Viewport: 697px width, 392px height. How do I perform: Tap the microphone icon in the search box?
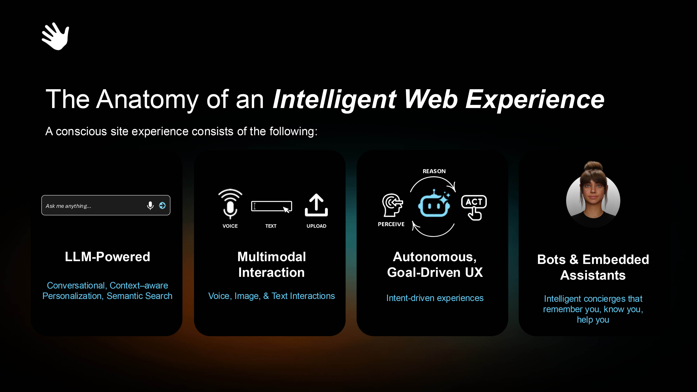pos(150,206)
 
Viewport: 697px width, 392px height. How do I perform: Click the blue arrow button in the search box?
pos(162,206)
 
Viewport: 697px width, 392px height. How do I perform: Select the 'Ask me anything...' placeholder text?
pos(68,206)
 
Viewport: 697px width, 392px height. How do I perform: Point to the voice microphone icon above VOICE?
pos(230,204)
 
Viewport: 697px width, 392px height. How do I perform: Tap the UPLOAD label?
pos(316,226)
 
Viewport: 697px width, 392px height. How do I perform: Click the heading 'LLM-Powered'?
pos(107,257)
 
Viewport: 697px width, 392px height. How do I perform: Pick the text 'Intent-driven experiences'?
pos(435,298)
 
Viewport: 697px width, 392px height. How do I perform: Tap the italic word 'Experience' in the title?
pos(535,99)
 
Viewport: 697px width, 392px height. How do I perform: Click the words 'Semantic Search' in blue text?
pos(140,296)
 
